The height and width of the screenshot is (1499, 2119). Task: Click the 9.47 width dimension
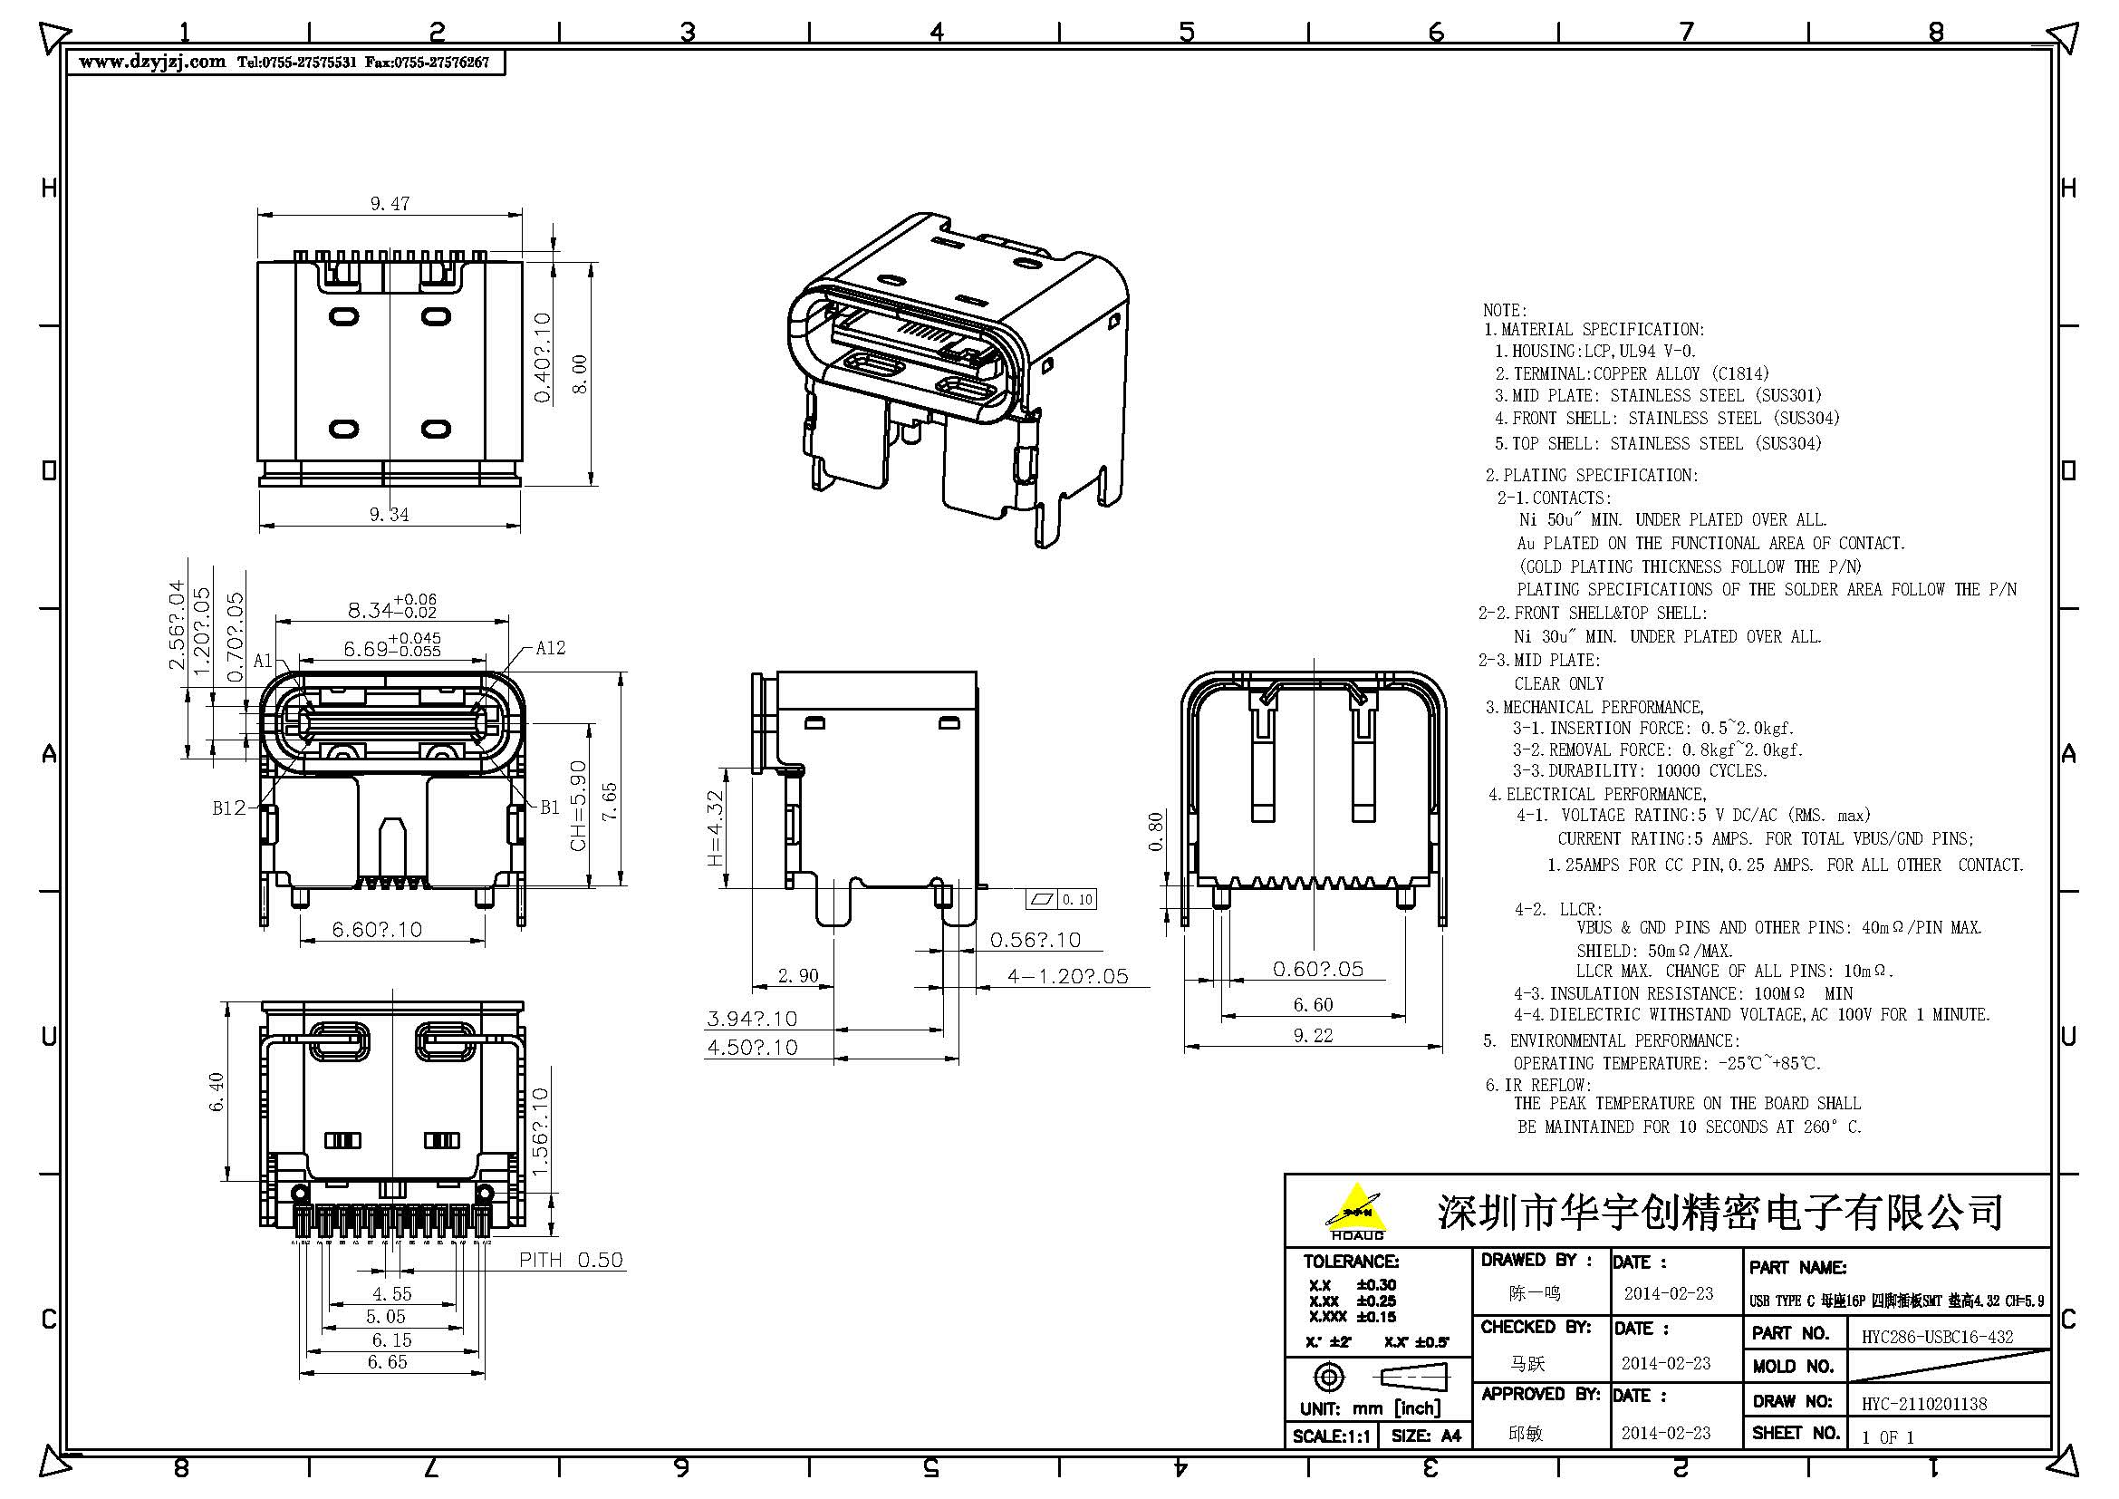(x=390, y=204)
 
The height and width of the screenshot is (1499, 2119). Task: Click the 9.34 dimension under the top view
(x=389, y=515)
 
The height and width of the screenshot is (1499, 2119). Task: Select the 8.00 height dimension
(x=580, y=373)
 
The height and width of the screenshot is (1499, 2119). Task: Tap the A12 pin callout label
(x=550, y=648)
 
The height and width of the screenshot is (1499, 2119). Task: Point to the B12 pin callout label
(x=229, y=808)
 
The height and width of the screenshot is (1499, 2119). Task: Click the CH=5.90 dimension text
(x=579, y=806)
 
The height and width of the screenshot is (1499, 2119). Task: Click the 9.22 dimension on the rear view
(x=1313, y=1036)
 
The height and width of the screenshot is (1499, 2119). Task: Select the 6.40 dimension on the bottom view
(x=217, y=1091)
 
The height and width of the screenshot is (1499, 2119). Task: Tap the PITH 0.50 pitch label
(x=571, y=1260)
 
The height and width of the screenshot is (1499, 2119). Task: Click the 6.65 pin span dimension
(x=387, y=1362)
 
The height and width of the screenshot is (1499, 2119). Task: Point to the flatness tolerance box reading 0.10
(x=1062, y=899)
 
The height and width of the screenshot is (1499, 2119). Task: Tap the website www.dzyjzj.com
(x=152, y=62)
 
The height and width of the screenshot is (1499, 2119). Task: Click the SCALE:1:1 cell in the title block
(x=1332, y=1436)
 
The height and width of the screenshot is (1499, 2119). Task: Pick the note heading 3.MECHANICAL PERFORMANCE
(x=1594, y=707)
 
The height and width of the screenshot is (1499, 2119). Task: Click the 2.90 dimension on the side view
(x=797, y=977)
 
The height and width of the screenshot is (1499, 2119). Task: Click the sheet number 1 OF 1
(x=1887, y=1437)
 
